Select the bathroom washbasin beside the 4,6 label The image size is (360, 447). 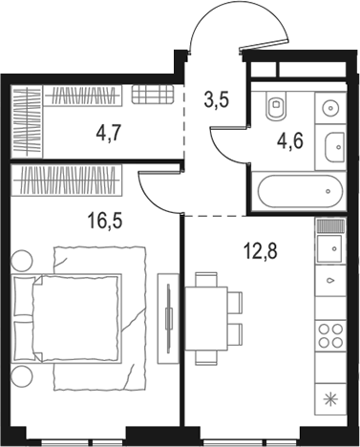tap(334, 146)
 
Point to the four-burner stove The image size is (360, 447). tap(330, 335)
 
